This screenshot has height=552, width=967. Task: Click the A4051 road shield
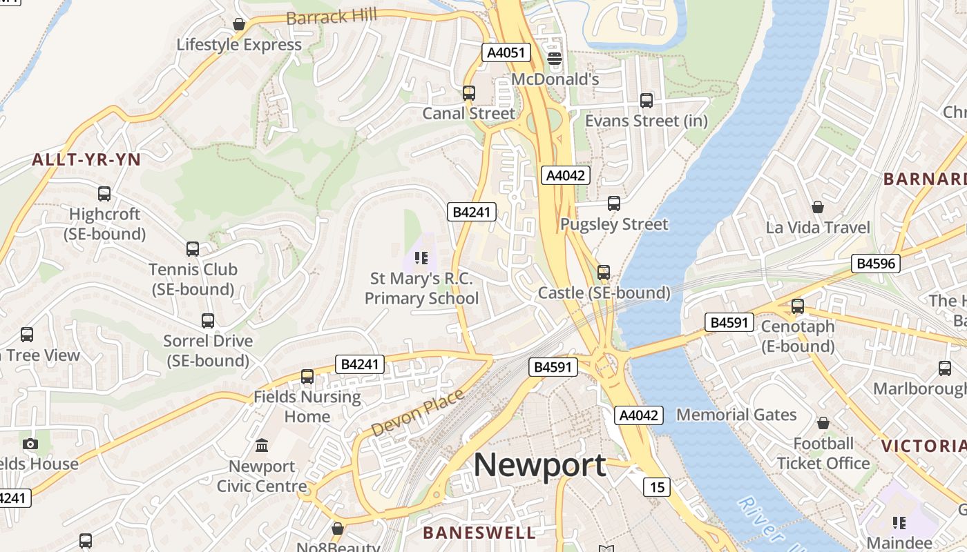pyautogui.click(x=506, y=52)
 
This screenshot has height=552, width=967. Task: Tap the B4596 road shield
pyautogui.click(x=875, y=263)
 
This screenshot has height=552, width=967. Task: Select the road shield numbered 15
pyautogui.click(x=657, y=487)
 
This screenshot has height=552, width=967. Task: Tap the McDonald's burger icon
pyautogui.click(x=555, y=59)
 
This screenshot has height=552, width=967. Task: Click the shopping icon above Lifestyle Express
pyautogui.click(x=239, y=25)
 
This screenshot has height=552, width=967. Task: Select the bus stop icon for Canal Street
pyautogui.click(x=469, y=92)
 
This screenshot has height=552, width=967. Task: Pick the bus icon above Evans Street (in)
pyautogui.click(x=647, y=101)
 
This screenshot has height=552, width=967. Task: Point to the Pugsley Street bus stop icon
pyautogui.click(x=614, y=204)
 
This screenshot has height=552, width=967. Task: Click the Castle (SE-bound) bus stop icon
pyautogui.click(x=604, y=273)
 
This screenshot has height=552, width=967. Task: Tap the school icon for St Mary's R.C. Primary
pyautogui.click(x=421, y=259)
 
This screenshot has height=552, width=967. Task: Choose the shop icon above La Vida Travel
pyautogui.click(x=818, y=207)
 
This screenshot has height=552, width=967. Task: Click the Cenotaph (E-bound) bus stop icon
pyautogui.click(x=798, y=306)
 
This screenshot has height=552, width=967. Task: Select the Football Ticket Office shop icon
pyautogui.click(x=823, y=422)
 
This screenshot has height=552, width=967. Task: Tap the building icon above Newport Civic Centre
pyautogui.click(x=262, y=446)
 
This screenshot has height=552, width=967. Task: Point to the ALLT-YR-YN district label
pyautogui.click(x=86, y=160)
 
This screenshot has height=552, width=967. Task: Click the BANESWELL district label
pyautogui.click(x=479, y=533)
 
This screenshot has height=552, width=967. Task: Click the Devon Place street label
pyautogui.click(x=417, y=413)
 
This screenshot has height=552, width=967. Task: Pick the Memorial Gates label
pyautogui.click(x=736, y=415)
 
